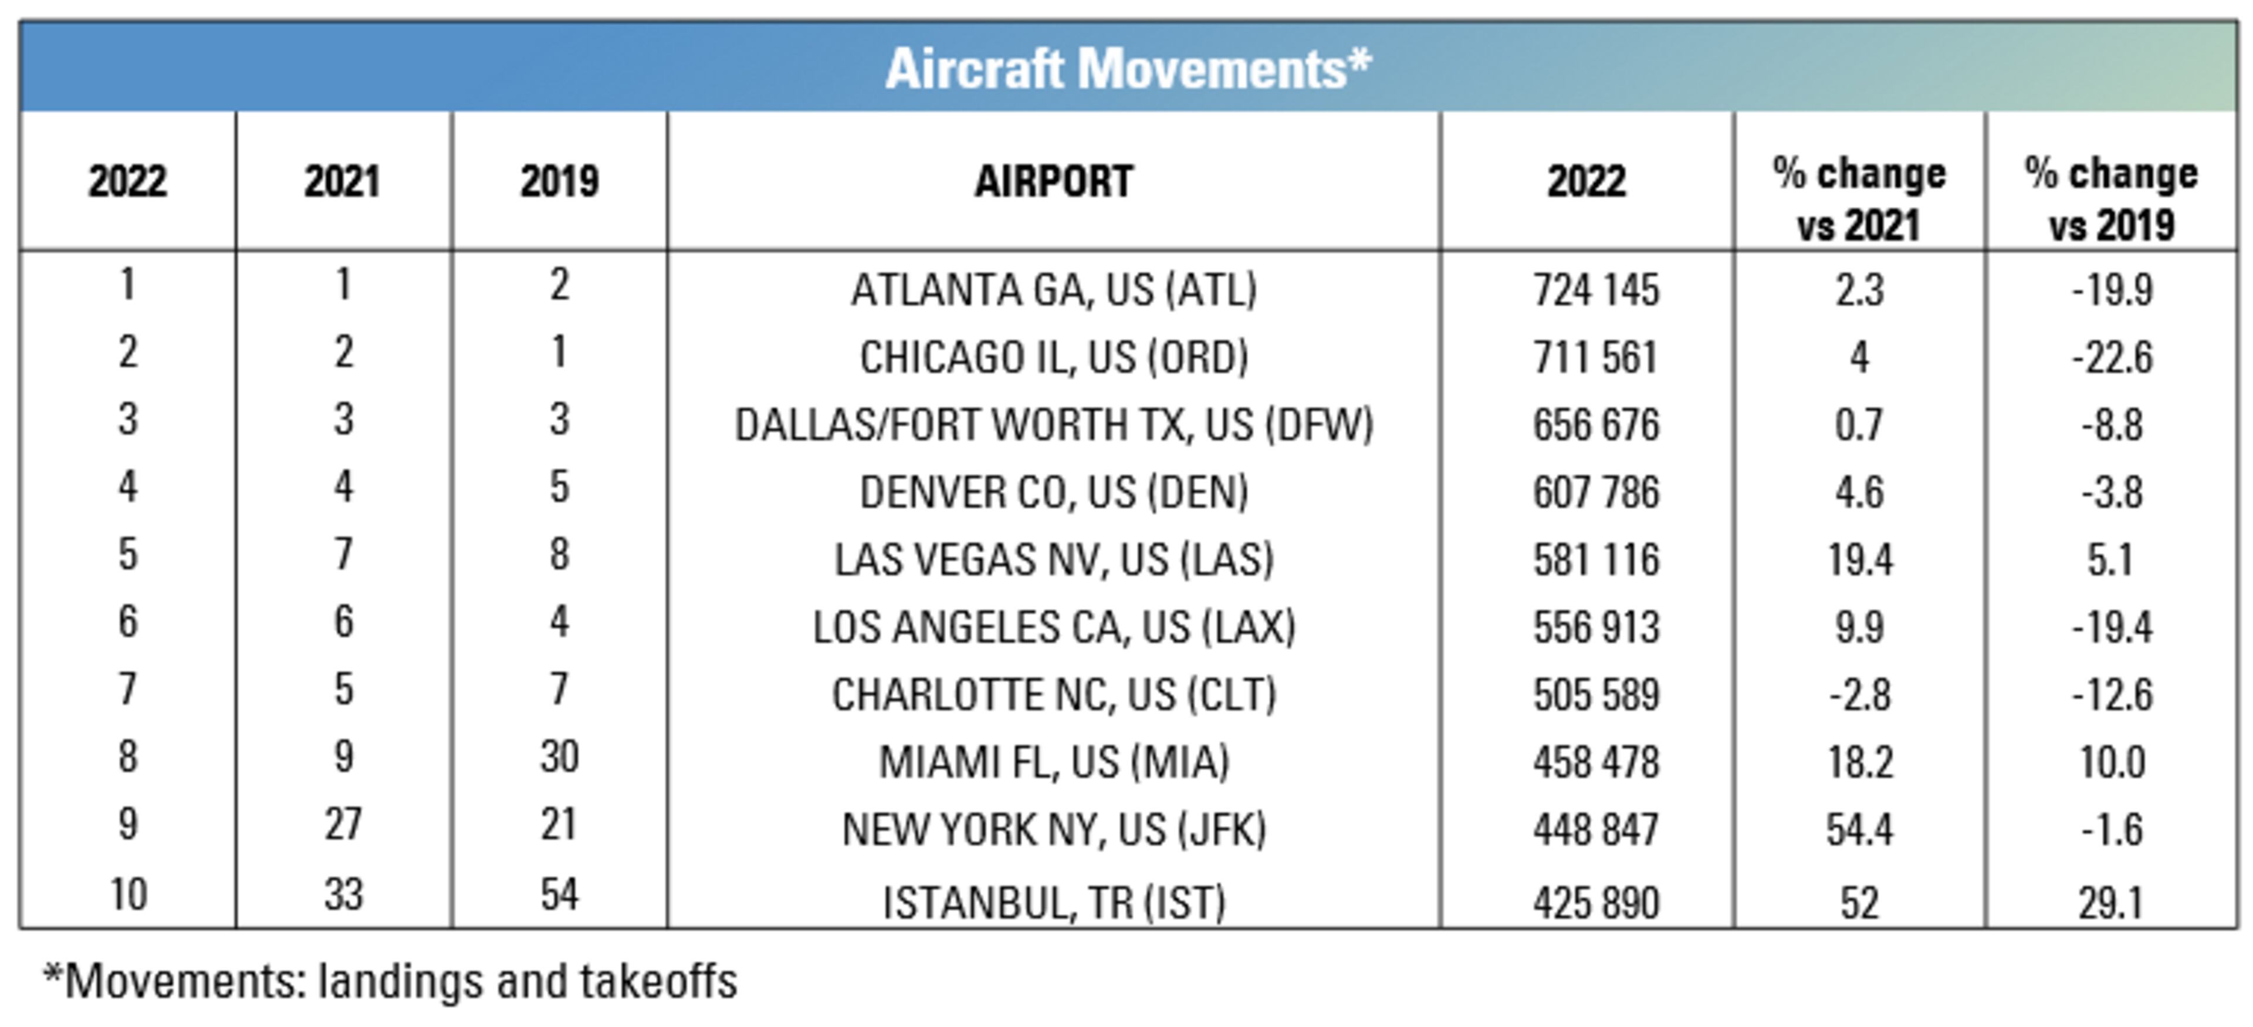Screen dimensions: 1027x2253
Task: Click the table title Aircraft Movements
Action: coord(1128,68)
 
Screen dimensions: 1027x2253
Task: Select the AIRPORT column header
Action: coord(1053,182)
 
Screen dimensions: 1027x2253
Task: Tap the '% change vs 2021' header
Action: coord(1859,200)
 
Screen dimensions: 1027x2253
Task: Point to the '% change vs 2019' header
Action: coord(2112,200)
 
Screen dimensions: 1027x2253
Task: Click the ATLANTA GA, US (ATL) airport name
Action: coord(1053,289)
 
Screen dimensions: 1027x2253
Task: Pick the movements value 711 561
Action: coord(1595,357)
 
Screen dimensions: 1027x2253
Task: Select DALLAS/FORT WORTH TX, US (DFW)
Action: coord(1053,425)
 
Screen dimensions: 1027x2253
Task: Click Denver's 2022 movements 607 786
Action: coord(1595,492)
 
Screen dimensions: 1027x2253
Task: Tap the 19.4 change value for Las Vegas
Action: coord(1859,560)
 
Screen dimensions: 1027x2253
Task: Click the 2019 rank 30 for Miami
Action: coord(560,756)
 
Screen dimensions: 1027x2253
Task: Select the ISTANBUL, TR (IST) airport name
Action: coord(1053,903)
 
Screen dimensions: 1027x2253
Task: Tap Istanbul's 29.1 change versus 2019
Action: coord(2112,903)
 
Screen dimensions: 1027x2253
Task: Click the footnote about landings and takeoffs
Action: coord(390,981)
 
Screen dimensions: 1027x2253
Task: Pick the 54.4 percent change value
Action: coord(1859,829)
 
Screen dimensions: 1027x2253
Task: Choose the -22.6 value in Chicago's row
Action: coord(2112,357)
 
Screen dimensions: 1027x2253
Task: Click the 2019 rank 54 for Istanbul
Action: coord(560,894)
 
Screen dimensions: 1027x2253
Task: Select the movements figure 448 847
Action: coord(1595,829)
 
